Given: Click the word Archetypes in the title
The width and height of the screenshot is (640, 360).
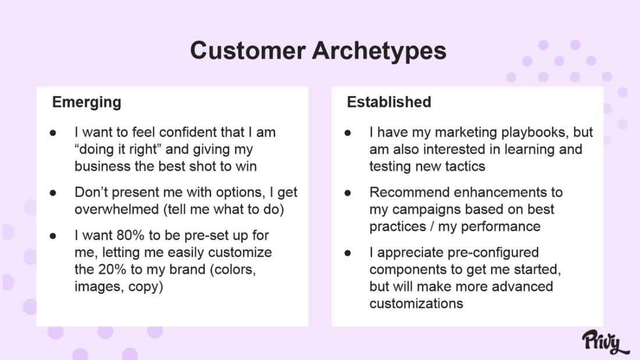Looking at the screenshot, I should (379, 51).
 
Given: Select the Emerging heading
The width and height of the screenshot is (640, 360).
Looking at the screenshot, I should (87, 102).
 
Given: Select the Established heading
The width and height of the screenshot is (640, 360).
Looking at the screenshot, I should (389, 102).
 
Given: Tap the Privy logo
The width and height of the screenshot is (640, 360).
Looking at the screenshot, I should (605, 341).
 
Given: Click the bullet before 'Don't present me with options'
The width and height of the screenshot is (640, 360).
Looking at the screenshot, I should (53, 193).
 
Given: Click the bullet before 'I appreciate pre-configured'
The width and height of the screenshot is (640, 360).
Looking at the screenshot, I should (348, 253).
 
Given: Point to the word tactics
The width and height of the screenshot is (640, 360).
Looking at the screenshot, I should (464, 166).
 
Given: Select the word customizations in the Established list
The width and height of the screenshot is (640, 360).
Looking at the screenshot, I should (416, 303).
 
